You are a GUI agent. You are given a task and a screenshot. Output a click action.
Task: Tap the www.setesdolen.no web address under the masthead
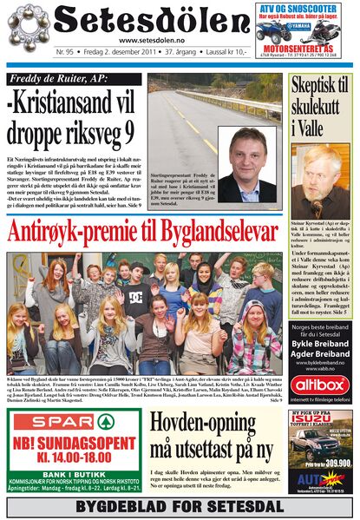150,40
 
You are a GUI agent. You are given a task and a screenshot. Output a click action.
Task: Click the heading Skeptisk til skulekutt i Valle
318,107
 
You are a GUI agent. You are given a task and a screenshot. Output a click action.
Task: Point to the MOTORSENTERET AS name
305,52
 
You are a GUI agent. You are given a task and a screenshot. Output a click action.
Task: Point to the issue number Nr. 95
66,52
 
